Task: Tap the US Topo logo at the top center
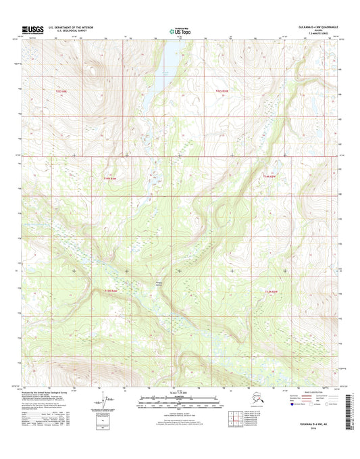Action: click(x=179, y=30)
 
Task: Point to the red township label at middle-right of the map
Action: click(x=269, y=177)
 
